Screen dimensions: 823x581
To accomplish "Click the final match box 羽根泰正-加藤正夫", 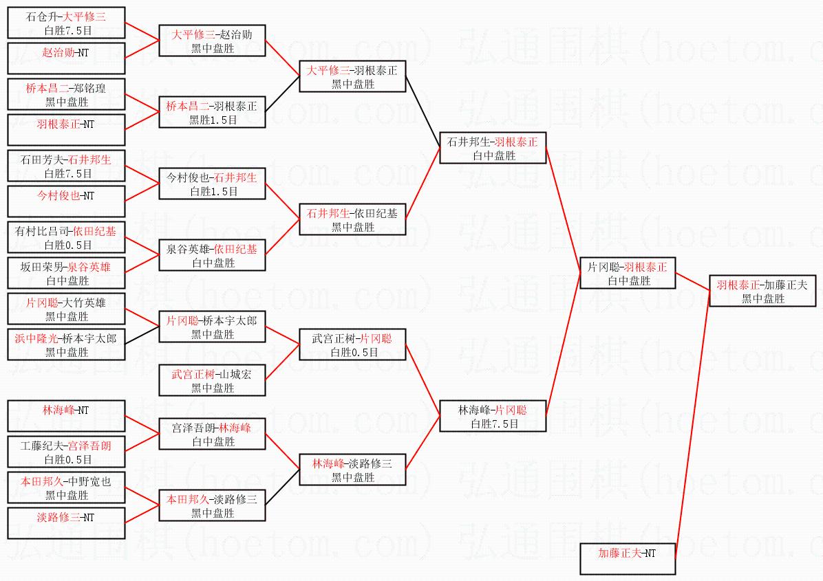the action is [762, 291].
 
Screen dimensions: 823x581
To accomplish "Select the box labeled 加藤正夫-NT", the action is [627, 559].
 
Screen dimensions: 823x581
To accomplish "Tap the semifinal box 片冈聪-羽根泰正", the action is [627, 273].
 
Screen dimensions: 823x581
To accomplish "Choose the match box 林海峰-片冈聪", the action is [492, 417].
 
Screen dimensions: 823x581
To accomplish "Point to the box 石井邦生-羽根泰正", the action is [492, 148].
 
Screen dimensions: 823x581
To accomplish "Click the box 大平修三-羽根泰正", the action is [352, 76].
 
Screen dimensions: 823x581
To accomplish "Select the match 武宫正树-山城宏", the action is [212, 381].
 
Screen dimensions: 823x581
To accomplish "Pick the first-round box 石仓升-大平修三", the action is [66, 23].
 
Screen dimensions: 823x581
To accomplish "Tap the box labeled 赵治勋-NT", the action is [66, 58].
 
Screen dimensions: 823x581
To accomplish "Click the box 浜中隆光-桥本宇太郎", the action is [66, 344].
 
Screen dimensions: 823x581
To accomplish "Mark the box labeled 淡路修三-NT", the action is [66, 523].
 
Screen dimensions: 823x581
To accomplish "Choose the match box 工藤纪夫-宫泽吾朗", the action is [66, 452].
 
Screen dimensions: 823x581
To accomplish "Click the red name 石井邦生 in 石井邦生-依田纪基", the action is [328, 213].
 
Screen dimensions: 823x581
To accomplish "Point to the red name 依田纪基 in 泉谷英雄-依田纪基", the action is [235, 249].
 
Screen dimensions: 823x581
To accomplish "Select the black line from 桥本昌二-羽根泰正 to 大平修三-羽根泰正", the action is [282, 94].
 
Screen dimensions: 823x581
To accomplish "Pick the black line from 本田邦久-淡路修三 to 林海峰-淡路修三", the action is [282, 487].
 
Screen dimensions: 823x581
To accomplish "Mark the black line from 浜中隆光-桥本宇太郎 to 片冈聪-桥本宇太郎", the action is [142, 336].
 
